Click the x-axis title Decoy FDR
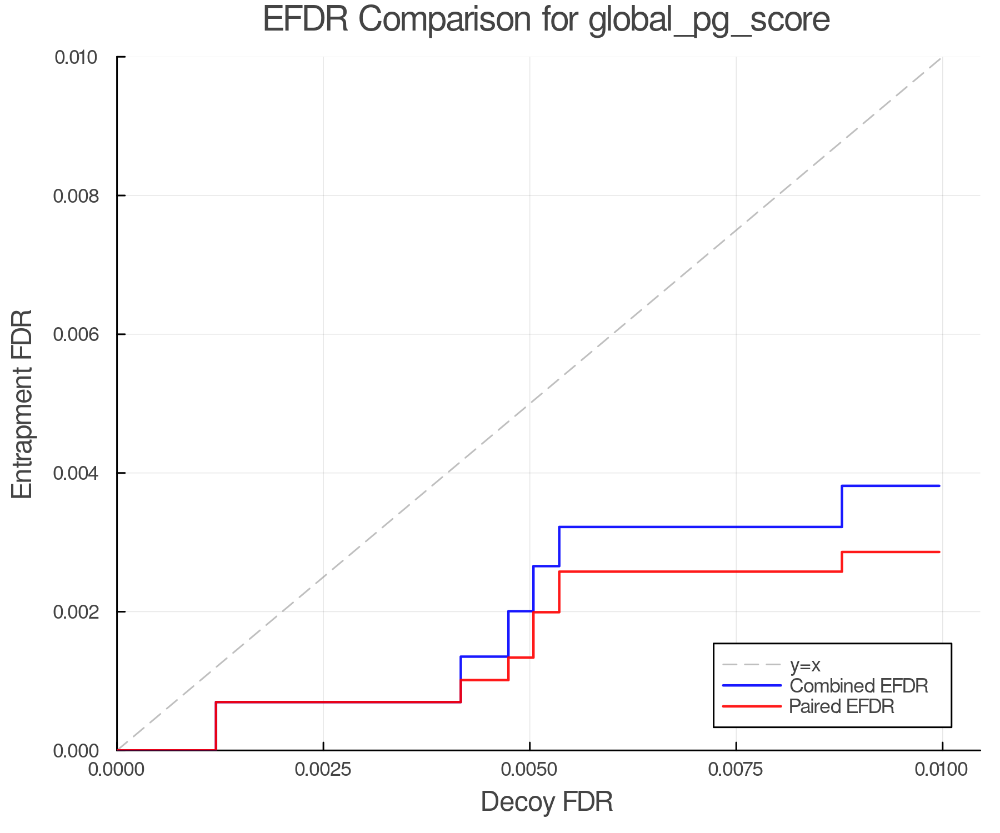pos(546,801)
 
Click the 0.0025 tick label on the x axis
pos(323,770)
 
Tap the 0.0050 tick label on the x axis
pos(529,770)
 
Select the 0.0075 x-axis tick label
pos(736,770)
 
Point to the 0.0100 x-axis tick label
pos(942,770)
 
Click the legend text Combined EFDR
pos(858,686)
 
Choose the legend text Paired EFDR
pos(842,706)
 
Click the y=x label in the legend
pos(805,665)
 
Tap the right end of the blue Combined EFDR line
pos(939,486)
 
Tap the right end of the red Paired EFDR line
pos(939,552)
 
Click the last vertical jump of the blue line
pos(842,506)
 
